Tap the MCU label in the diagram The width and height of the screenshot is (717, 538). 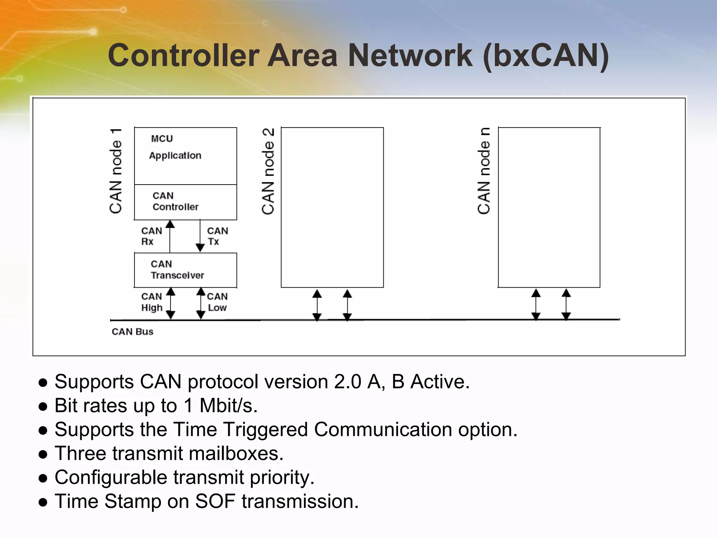pyautogui.click(x=162, y=139)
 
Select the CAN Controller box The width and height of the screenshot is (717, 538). pyautogui.click(x=186, y=202)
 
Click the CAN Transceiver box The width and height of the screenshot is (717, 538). pyautogui.click(x=186, y=270)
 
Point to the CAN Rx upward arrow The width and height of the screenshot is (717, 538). pyautogui.click(x=170, y=236)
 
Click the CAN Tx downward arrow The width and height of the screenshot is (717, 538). pyautogui.click(x=200, y=236)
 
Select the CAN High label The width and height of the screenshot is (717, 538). pyautogui.click(x=152, y=302)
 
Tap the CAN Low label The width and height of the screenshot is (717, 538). pyautogui.click(x=217, y=302)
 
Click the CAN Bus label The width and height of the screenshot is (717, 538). pyautogui.click(x=132, y=331)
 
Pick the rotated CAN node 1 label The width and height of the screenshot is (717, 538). pyautogui.click(x=116, y=171)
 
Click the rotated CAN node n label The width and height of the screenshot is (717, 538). pyautogui.click(x=483, y=171)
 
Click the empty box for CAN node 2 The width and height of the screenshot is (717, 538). pyautogui.click(x=332, y=207)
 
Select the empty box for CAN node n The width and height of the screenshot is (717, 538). pyautogui.click(x=549, y=207)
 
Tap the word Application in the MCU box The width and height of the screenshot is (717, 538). pyautogui.click(x=175, y=156)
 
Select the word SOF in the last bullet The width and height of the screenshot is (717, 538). pyautogui.click(x=215, y=501)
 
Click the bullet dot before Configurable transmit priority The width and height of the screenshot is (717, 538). pyautogui.click(x=43, y=478)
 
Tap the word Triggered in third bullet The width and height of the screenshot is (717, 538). pyautogui.click(x=266, y=429)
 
